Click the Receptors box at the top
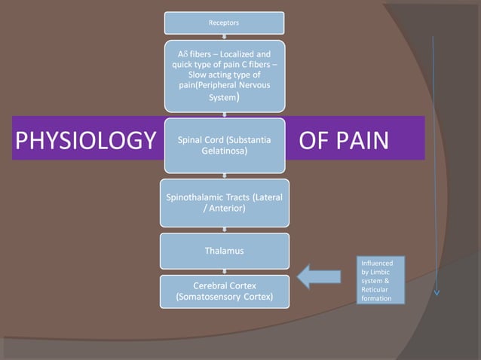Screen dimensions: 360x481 (x=224, y=23)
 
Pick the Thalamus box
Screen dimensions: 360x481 (x=224, y=251)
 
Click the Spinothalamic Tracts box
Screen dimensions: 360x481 (x=224, y=203)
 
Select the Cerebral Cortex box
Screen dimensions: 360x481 (x=224, y=291)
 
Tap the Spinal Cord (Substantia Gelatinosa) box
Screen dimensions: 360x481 (x=224, y=145)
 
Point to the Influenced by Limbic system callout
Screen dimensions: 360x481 (x=381, y=280)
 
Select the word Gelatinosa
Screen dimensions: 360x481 (x=225, y=151)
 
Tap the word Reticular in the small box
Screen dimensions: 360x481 (x=376, y=289)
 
